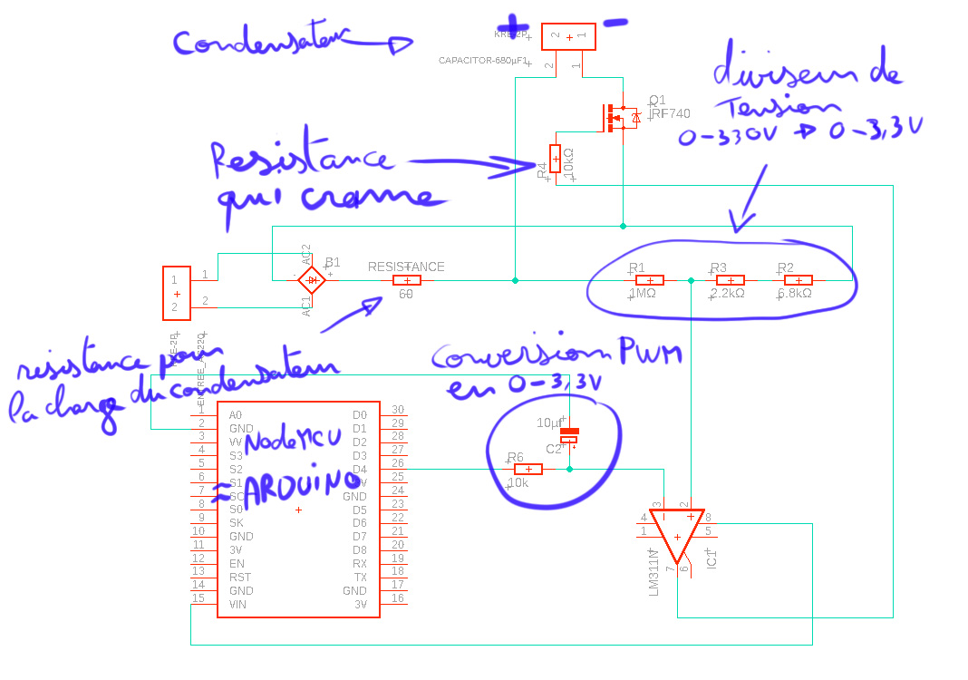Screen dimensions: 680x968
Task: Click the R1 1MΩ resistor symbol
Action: point(650,280)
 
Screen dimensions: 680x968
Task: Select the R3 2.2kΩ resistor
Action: point(730,280)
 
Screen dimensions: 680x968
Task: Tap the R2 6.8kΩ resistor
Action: point(798,280)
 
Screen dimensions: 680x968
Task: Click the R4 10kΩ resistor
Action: point(555,158)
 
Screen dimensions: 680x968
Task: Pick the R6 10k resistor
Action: point(528,469)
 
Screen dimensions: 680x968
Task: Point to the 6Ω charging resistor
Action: point(406,280)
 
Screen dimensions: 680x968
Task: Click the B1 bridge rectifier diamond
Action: point(312,280)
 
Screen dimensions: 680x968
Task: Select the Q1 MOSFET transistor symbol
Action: point(618,117)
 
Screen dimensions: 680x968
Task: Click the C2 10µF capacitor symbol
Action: point(569,435)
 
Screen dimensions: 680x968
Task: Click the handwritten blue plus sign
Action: point(517,24)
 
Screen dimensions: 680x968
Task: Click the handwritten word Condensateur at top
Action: point(263,42)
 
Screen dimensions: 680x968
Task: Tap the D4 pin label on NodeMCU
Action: point(360,469)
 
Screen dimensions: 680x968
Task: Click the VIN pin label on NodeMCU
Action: point(237,604)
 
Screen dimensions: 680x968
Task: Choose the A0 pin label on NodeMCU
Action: point(236,414)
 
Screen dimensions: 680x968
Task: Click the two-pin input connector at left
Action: point(176,293)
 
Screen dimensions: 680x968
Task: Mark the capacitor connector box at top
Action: point(568,37)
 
